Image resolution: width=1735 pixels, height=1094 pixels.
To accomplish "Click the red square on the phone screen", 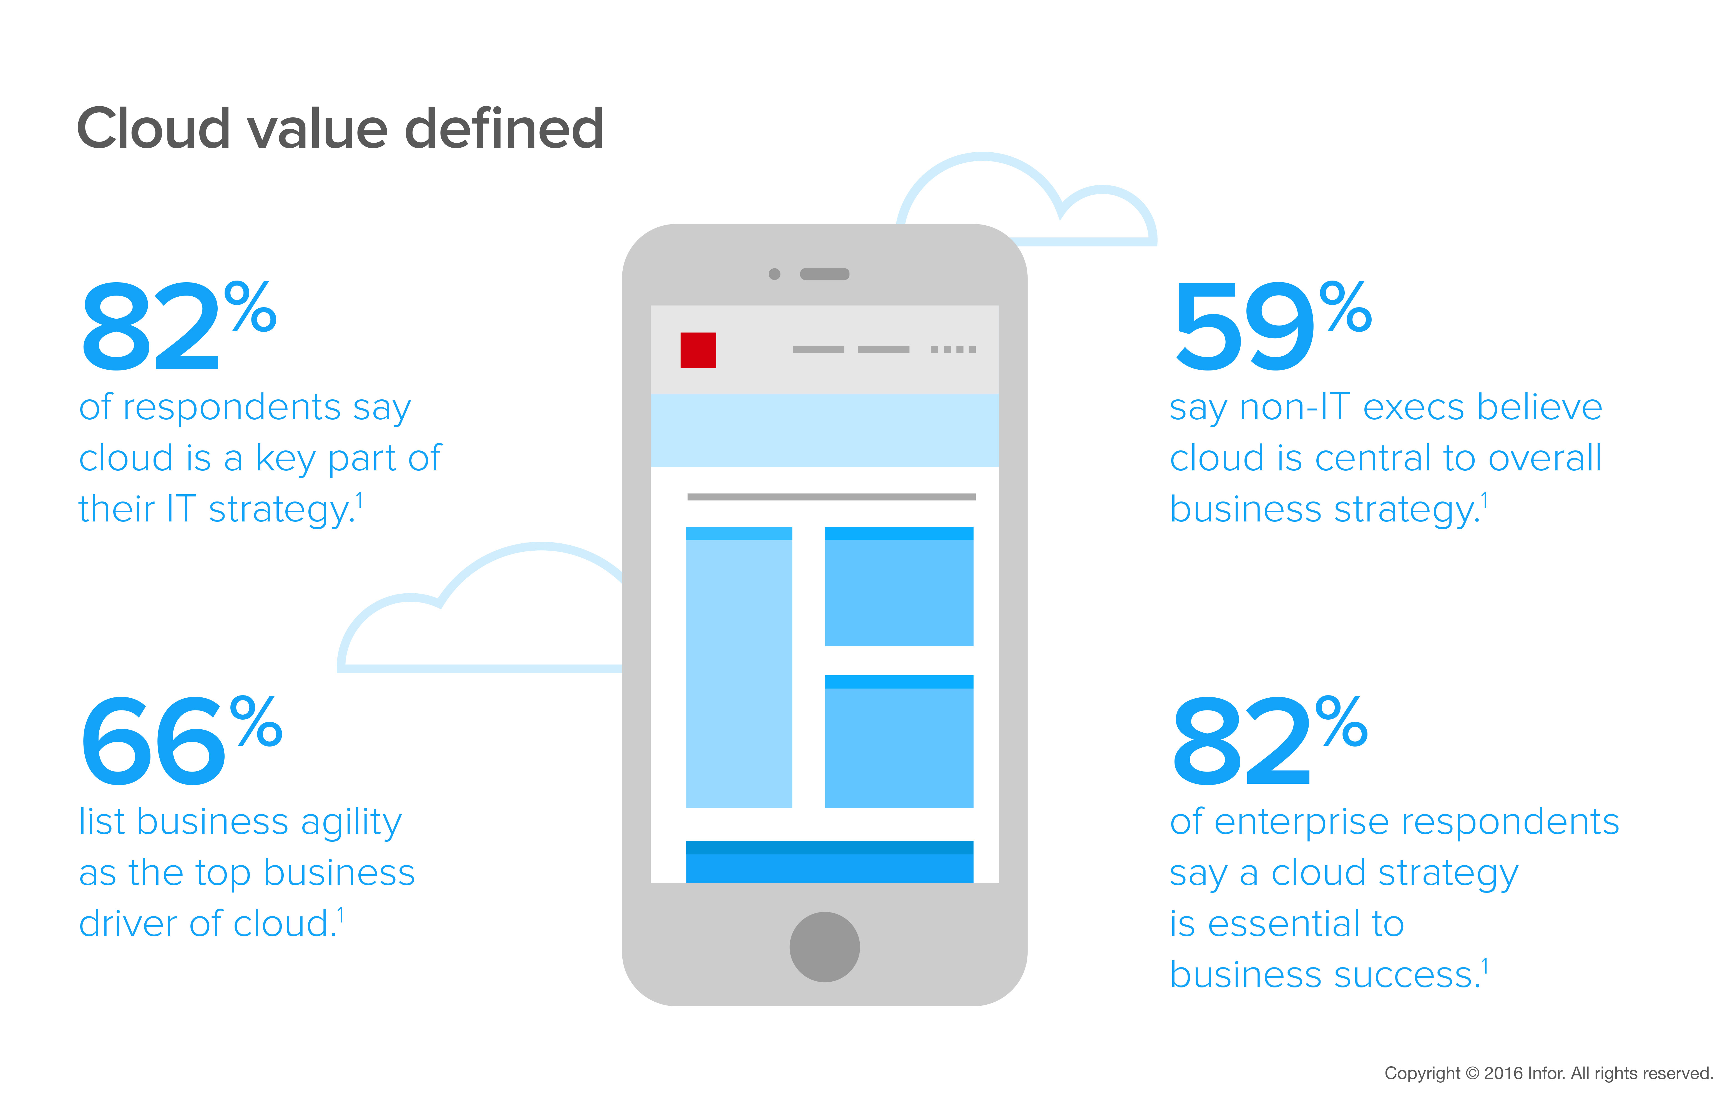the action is tap(698, 350).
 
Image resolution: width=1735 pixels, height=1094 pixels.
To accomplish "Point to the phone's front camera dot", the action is tap(775, 274).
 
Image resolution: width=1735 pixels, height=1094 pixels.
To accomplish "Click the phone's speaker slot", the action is tap(825, 274).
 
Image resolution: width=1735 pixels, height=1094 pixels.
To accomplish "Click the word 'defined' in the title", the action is tap(504, 128).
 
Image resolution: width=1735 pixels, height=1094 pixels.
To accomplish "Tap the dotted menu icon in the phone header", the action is tap(953, 349).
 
